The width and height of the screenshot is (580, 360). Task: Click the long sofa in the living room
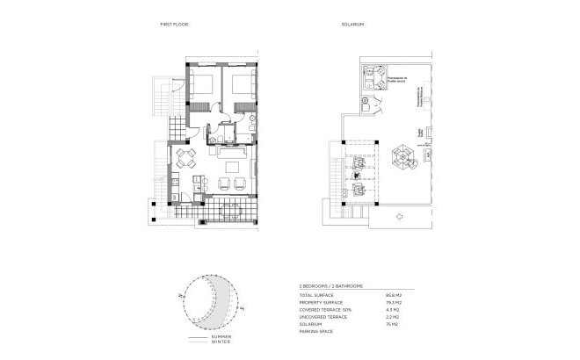(234, 163)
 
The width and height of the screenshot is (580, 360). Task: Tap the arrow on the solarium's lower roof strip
(397, 215)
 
